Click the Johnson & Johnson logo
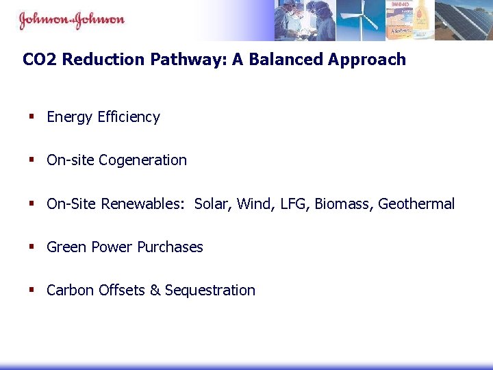[71, 19]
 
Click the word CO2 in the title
[37, 60]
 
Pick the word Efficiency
[129, 117]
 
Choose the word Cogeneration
[142, 160]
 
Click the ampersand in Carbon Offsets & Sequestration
[155, 291]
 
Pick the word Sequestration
[210, 291]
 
